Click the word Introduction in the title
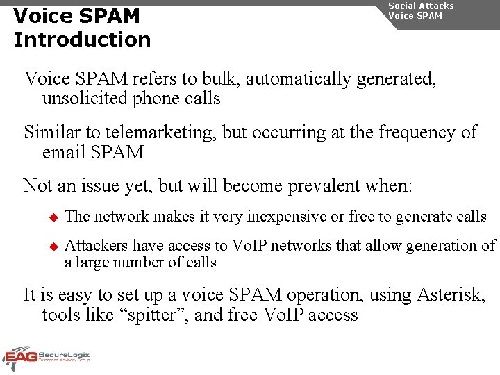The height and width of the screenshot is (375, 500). (82, 40)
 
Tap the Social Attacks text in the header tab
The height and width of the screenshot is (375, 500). (421, 6)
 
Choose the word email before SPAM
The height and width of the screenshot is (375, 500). (64, 152)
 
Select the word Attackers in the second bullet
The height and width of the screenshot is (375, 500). (97, 245)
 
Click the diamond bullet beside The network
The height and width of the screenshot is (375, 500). (51, 217)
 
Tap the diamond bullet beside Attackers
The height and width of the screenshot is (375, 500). (51, 246)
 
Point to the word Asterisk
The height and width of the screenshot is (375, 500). (451, 294)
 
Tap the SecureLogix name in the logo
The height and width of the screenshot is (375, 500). (65, 354)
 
